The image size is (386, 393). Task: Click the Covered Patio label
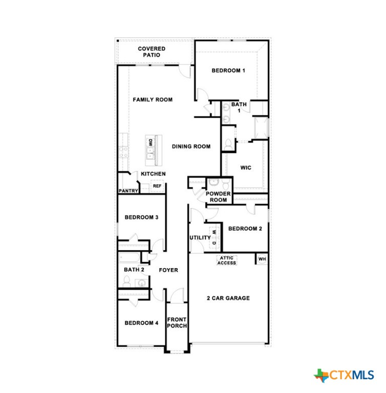click(152, 52)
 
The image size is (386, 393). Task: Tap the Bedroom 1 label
click(228, 71)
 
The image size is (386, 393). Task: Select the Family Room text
click(153, 100)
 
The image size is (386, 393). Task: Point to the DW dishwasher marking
click(150, 143)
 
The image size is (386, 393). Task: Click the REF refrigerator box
click(157, 186)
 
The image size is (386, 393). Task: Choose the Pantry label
click(128, 191)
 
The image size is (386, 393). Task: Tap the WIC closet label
click(246, 168)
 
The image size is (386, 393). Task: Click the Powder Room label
click(218, 196)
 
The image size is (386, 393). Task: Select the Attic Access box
click(226, 260)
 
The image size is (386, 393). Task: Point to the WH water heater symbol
click(262, 259)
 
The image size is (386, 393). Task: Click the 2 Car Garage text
click(228, 298)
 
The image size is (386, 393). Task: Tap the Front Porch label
click(177, 322)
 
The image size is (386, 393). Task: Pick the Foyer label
click(168, 270)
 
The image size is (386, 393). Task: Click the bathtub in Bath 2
click(130, 258)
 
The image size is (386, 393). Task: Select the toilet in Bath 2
click(127, 281)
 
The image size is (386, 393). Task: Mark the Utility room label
click(200, 237)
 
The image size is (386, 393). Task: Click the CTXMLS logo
click(344, 375)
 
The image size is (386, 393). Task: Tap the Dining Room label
click(191, 147)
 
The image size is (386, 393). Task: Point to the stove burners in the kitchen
click(124, 152)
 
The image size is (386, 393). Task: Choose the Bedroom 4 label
click(141, 323)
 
